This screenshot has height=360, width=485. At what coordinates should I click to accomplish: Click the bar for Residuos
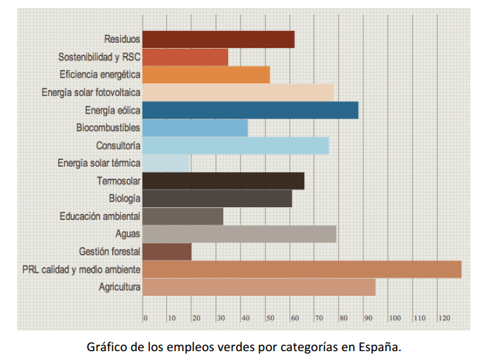[x=219, y=39]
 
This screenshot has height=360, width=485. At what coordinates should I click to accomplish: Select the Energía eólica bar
[x=250, y=110]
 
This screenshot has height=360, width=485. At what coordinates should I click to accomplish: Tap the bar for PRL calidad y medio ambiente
[x=301, y=269]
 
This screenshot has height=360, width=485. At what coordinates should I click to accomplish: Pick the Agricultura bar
[x=258, y=287]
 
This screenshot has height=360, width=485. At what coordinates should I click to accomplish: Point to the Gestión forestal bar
[x=167, y=252]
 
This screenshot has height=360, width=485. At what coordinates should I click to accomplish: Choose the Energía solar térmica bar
[x=166, y=163]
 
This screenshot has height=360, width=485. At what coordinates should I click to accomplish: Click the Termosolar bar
[x=223, y=181]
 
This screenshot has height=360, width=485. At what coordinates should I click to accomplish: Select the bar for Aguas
[x=239, y=234]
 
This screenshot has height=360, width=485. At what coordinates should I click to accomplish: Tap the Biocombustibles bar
[x=195, y=128]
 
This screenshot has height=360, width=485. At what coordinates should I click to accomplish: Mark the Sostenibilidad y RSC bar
[x=185, y=57]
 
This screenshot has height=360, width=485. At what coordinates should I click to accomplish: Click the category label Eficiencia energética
[x=100, y=75]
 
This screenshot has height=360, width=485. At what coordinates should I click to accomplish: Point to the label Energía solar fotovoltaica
[x=92, y=92]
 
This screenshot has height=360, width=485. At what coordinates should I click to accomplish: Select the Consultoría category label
[x=118, y=145]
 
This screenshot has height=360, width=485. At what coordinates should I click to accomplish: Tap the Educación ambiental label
[x=100, y=216]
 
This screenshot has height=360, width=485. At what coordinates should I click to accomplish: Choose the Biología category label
[x=125, y=198]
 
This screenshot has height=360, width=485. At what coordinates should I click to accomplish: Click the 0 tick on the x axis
[x=145, y=318]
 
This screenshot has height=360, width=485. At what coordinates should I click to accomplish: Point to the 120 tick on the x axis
[x=444, y=318]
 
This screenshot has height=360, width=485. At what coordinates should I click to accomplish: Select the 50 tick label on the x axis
[x=271, y=318]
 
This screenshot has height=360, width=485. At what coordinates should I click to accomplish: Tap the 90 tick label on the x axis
[x=370, y=318]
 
